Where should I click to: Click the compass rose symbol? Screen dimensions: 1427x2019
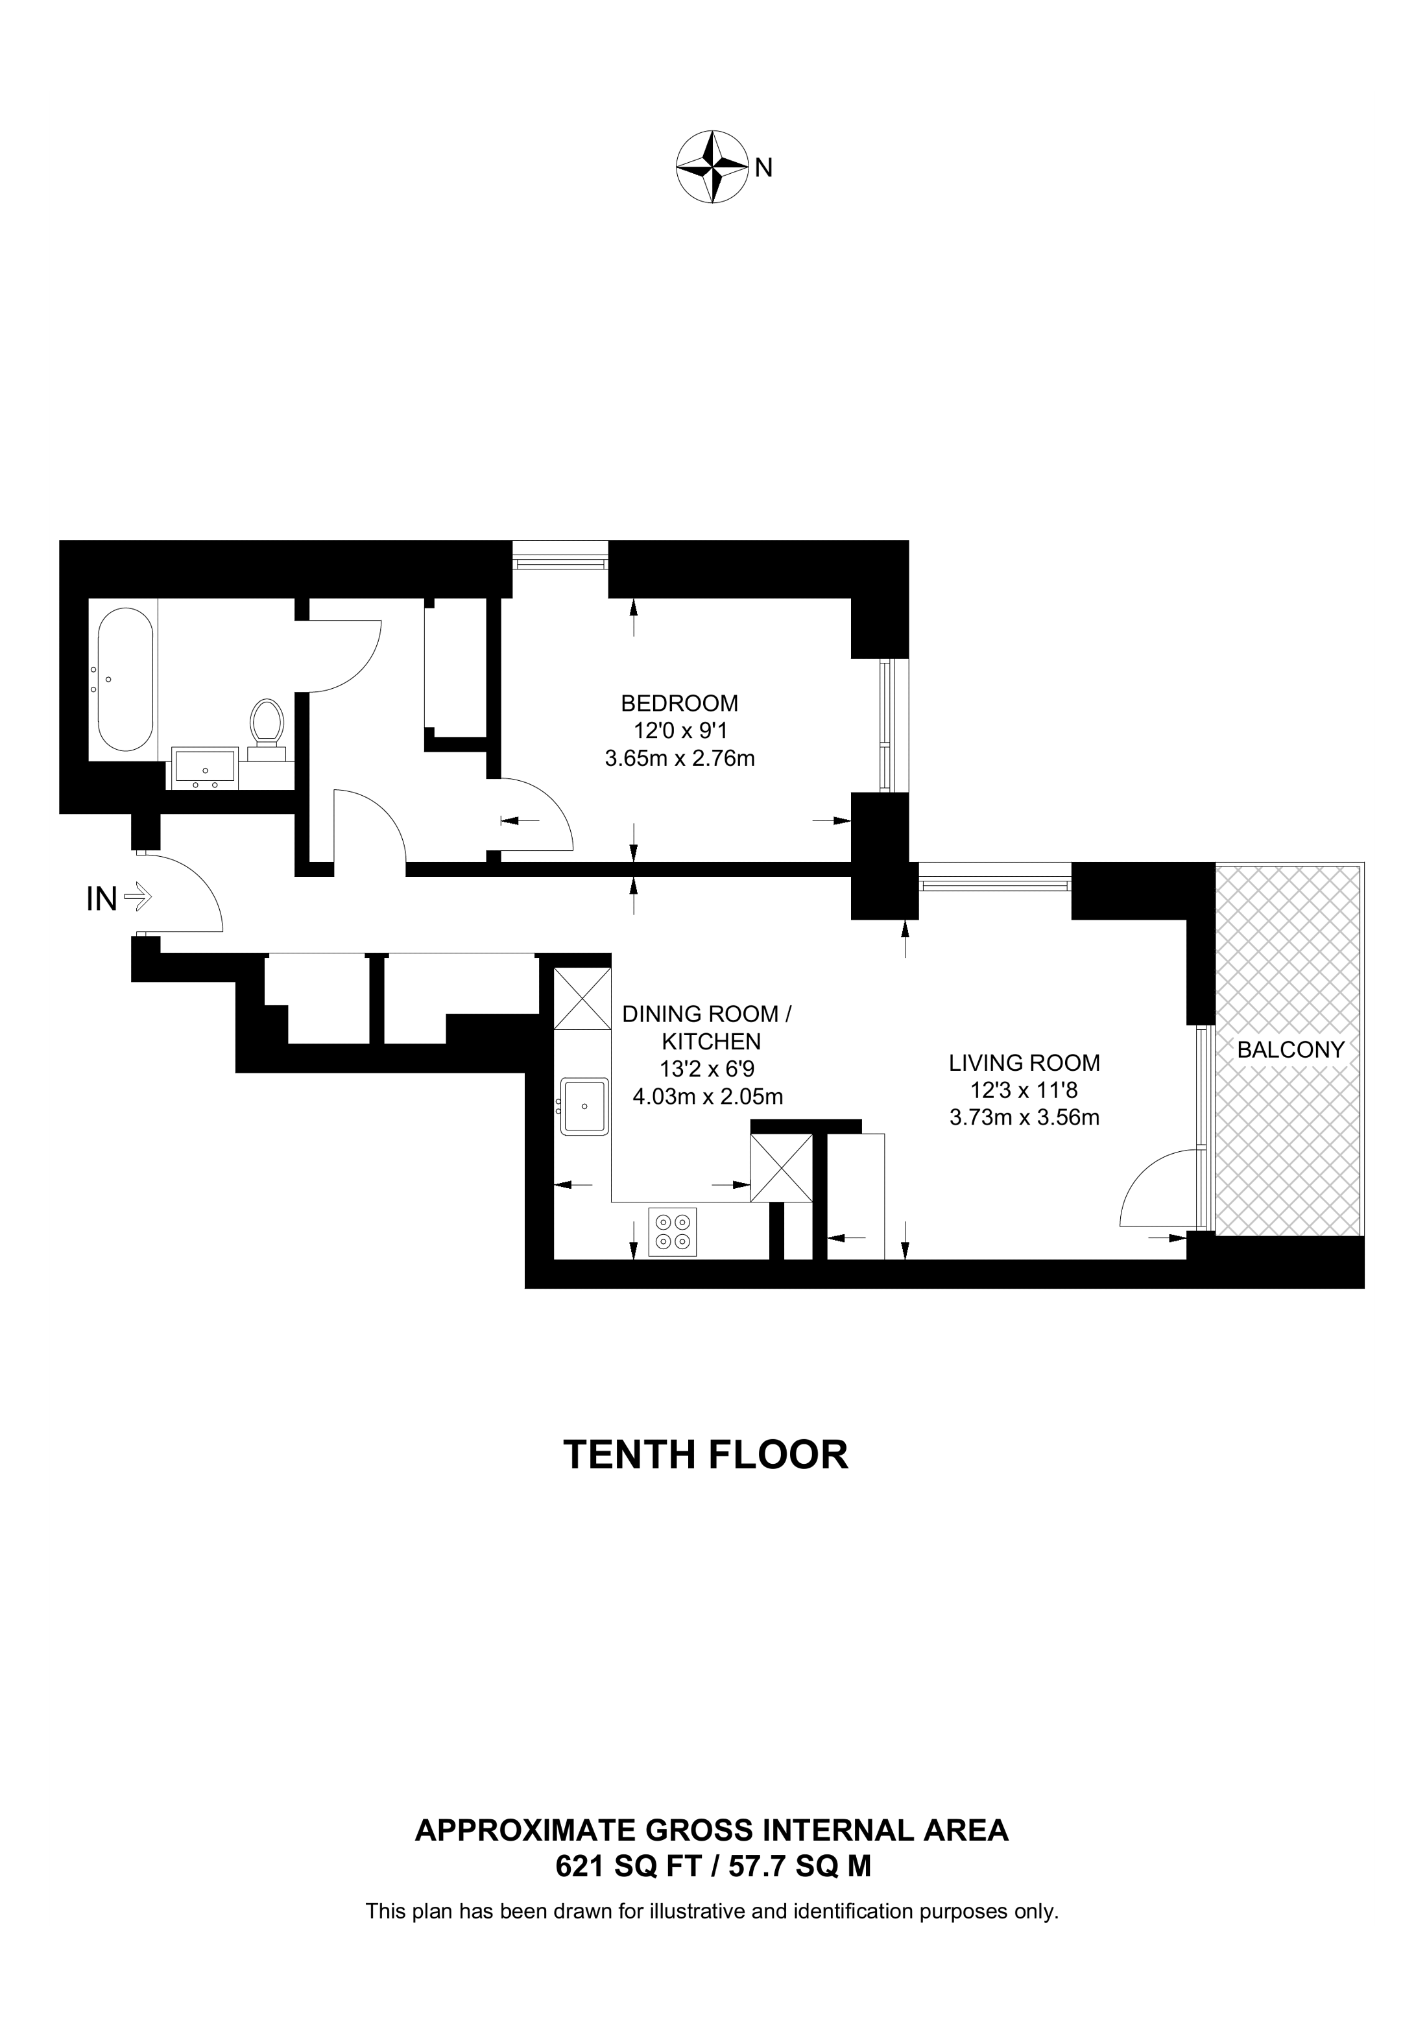point(712,167)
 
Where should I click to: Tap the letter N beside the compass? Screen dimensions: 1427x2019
point(763,167)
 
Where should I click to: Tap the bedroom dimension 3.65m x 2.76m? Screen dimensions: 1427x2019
point(680,758)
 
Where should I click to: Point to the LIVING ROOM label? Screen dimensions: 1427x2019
point(1024,1062)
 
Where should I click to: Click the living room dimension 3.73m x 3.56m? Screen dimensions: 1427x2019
point(1024,1117)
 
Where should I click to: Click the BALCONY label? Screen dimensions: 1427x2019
point(1291,1049)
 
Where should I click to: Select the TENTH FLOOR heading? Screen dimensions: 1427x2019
point(705,1455)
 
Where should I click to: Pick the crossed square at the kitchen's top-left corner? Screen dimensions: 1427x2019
point(582,998)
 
